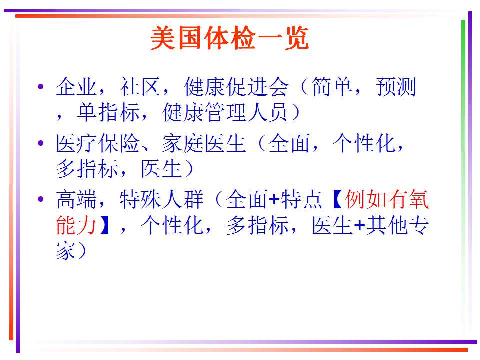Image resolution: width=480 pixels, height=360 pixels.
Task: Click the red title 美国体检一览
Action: (229, 38)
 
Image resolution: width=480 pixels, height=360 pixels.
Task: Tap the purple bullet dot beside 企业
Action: (41, 86)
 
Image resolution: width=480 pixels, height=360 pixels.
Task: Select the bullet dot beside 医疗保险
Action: (41, 143)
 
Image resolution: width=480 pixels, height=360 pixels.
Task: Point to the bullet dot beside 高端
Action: (41, 199)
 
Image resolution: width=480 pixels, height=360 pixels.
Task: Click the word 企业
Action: (77, 87)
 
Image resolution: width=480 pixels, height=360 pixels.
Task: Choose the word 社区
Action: (140, 87)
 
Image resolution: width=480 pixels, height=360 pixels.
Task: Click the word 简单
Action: (332, 87)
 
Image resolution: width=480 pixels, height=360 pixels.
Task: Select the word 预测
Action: (396, 87)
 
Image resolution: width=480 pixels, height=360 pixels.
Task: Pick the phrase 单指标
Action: (108, 112)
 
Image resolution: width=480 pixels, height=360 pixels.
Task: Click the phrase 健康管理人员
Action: (225, 112)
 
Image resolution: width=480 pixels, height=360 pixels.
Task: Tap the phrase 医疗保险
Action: (98, 143)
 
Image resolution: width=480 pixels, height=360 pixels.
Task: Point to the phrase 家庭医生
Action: (204, 143)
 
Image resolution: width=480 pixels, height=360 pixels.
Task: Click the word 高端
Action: (77, 200)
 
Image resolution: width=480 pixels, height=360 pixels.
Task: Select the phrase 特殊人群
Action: (161, 200)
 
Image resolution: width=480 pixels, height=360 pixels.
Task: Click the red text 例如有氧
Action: (387, 200)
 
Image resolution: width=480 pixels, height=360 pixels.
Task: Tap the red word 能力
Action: (77, 225)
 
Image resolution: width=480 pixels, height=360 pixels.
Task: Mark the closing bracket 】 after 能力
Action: (104, 225)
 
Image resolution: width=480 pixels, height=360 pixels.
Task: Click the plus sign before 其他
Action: (360, 226)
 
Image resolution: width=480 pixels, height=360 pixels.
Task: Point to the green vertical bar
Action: (463, 177)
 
